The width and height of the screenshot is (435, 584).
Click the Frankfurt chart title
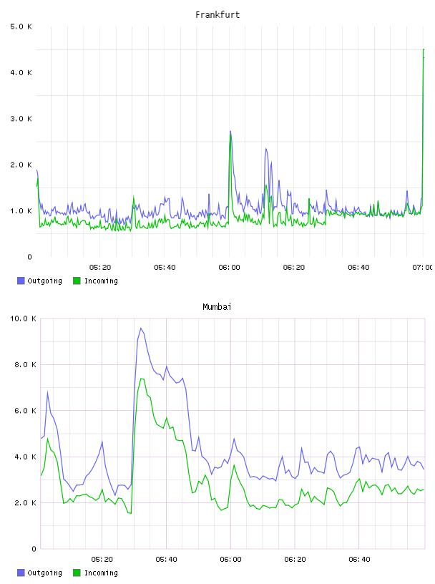[217, 15]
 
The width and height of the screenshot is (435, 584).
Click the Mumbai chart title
[217, 307]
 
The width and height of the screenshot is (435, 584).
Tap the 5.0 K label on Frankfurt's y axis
[21, 26]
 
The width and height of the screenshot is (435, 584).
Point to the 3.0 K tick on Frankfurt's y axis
[21, 119]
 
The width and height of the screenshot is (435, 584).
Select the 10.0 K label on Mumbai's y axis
[23, 318]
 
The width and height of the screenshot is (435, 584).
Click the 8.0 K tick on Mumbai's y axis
[25, 364]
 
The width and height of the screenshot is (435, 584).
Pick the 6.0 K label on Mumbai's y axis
[25, 411]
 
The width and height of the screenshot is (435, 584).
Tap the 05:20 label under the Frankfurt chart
[100, 268]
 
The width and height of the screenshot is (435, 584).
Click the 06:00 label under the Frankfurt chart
[230, 268]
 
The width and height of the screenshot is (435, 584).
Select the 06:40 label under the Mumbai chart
[359, 560]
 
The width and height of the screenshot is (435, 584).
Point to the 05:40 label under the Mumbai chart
[166, 560]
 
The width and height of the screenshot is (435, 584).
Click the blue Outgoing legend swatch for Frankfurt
[21, 281]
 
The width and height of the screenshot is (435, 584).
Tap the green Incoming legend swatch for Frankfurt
[77, 281]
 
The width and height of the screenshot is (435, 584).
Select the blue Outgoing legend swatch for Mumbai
[21, 573]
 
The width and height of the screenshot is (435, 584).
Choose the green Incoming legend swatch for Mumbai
[77, 573]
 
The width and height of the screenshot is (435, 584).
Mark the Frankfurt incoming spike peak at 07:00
[424, 49]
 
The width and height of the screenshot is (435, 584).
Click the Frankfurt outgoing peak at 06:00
[230, 131]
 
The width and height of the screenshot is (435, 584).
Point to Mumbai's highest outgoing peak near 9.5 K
[141, 328]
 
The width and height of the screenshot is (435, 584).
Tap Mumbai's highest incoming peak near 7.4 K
[142, 379]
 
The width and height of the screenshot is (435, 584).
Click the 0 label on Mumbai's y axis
[34, 549]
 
